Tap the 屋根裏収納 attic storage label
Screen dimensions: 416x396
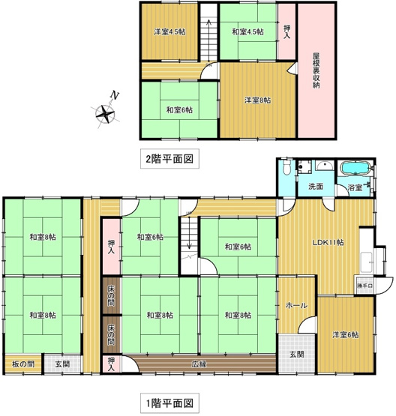pos(316,70)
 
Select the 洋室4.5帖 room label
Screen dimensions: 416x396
pos(170,32)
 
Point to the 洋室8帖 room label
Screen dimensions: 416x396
pos(256,100)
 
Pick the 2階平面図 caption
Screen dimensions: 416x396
pos(170,159)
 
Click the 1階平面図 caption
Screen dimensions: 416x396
pos(170,403)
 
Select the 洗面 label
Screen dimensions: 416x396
pos(315,186)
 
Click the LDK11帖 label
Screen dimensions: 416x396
pos(327,242)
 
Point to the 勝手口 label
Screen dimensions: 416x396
pos(364,286)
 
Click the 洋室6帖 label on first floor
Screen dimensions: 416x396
pos(345,334)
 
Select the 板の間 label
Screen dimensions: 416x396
pos(22,364)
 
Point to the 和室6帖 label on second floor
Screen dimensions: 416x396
pos(178,110)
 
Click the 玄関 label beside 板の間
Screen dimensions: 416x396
pos(62,364)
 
